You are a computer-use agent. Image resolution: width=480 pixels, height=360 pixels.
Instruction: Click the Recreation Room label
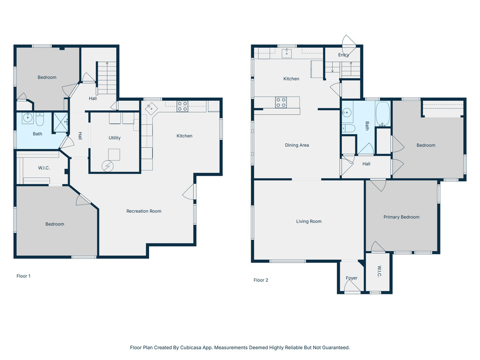click(x=143, y=211)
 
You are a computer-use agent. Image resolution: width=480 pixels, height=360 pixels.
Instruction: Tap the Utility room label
click(x=114, y=138)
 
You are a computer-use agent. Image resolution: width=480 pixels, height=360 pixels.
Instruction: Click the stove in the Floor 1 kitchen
click(x=182, y=106)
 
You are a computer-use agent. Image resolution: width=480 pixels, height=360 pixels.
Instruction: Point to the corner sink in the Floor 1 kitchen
click(x=151, y=107)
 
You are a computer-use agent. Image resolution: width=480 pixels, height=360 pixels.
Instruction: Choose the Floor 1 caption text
click(x=23, y=276)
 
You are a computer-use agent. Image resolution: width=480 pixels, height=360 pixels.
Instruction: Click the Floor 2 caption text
click(x=261, y=280)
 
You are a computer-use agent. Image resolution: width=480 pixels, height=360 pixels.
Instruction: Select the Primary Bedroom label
click(x=401, y=217)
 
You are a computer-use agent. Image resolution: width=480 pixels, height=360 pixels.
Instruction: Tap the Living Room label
click(x=308, y=221)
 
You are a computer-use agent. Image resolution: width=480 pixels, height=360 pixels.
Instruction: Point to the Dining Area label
click(x=297, y=145)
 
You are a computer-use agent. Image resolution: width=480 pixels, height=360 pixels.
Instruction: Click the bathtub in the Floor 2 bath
click(x=382, y=115)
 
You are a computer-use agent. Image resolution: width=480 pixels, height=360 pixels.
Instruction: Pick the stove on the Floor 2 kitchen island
click(x=281, y=102)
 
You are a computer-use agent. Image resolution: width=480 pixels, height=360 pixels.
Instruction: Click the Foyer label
click(x=352, y=278)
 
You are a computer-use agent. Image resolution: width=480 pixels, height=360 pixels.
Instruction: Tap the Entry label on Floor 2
click(x=344, y=55)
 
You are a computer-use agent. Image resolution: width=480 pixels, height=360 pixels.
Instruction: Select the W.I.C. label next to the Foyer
click(x=379, y=272)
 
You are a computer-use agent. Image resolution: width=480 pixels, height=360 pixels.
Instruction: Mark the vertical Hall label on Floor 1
click(x=80, y=136)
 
